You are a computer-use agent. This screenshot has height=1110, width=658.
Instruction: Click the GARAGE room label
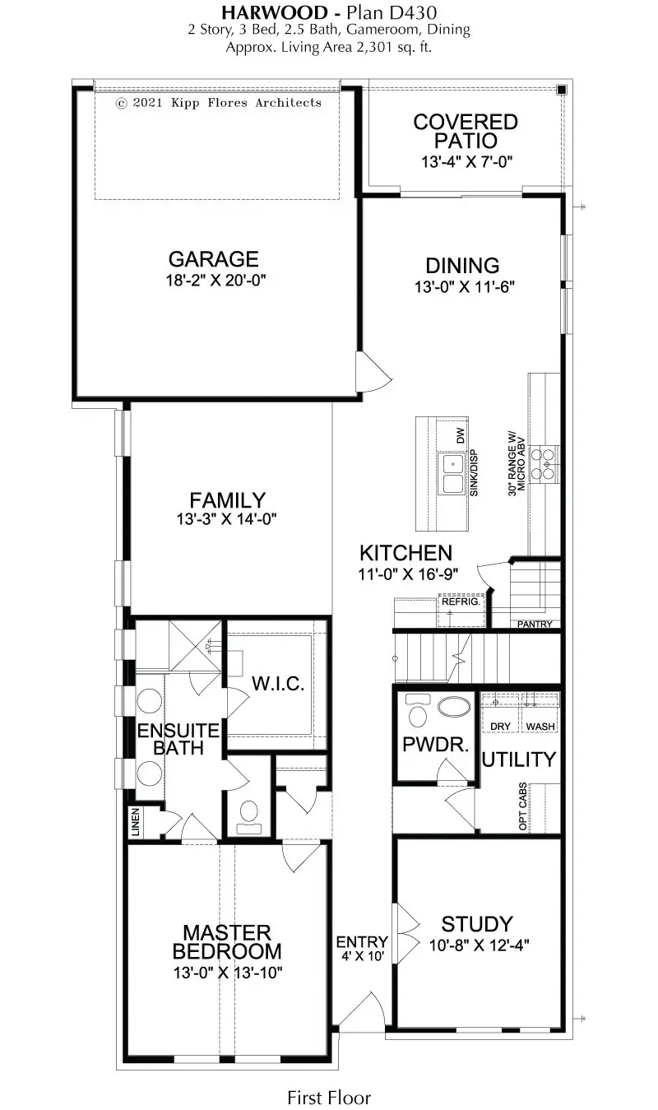click(214, 259)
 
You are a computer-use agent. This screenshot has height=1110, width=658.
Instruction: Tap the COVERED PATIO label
click(466, 132)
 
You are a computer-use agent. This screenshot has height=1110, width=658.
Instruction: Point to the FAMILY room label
click(227, 499)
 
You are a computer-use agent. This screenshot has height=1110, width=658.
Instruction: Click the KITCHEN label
click(405, 553)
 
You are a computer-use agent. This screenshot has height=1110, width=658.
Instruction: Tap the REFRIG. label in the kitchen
click(460, 602)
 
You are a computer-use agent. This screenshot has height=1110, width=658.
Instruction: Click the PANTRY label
click(534, 625)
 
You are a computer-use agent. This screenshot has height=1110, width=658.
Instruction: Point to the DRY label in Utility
click(500, 727)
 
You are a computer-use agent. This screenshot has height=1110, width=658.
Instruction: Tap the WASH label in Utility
click(540, 727)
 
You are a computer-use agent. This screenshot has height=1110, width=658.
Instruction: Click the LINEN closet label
click(135, 824)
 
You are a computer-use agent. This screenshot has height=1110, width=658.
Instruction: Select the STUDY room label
click(476, 923)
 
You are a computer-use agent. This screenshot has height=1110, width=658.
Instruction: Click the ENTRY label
click(362, 942)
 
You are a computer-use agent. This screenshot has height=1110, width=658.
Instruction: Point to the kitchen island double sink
click(452, 472)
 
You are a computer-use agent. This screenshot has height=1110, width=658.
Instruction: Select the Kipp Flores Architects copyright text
click(219, 103)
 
